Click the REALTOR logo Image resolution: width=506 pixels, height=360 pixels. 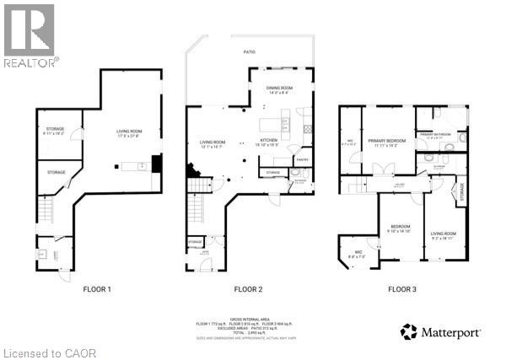(30, 35)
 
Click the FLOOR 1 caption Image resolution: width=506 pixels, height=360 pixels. (97, 289)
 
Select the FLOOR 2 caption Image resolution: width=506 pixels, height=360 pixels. (249, 289)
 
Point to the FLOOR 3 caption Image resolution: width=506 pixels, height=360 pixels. (401, 289)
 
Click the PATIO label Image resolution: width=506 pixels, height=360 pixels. (250, 52)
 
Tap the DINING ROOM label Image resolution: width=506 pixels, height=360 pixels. (279, 88)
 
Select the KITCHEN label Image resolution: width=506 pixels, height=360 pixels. (269, 140)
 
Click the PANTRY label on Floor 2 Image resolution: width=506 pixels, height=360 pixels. (301, 159)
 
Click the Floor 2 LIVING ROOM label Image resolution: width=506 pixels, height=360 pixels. (213, 142)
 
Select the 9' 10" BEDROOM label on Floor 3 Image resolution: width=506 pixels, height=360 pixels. (399, 227)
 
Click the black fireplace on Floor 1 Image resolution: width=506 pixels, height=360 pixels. (155, 164)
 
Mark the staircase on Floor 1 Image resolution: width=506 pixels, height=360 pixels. (46, 207)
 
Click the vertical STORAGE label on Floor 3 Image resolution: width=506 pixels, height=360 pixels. (460, 192)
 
